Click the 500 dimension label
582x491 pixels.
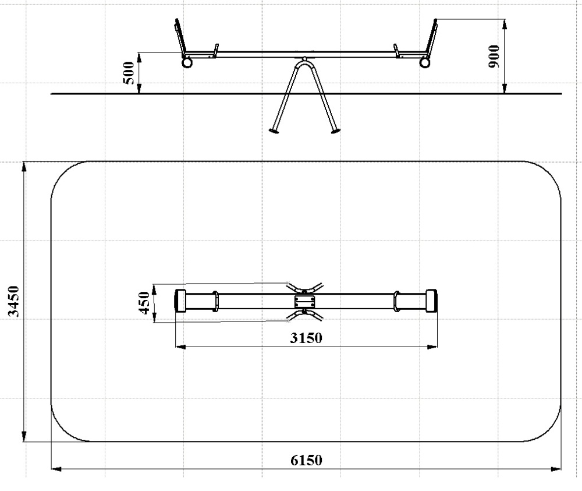pos(129,73)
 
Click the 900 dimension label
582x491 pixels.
pos(494,56)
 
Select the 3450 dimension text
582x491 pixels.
pos(13,301)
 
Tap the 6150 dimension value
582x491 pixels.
pos(306,460)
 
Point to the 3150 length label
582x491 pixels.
pos(306,338)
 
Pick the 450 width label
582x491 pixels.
pos(144,303)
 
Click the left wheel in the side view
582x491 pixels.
pos(187,62)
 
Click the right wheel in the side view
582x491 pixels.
pos(425,62)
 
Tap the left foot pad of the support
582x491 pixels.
pos(274,130)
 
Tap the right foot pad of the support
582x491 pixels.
pos(335,130)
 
